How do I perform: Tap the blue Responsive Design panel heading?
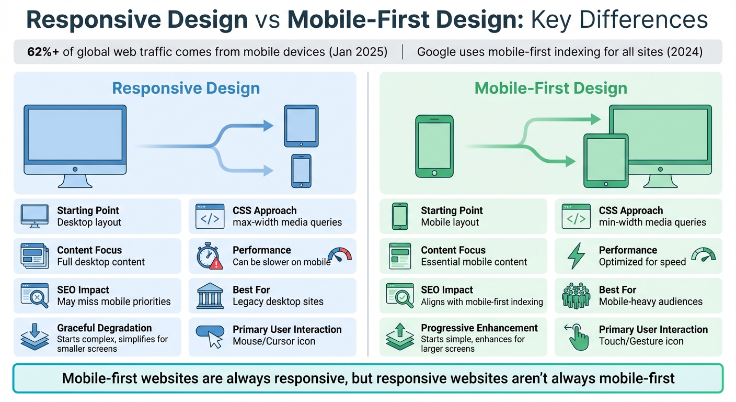click(x=186, y=88)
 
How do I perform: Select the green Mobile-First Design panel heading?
click(x=550, y=88)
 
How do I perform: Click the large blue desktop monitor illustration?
click(x=75, y=144)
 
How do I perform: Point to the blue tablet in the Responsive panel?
click(x=301, y=126)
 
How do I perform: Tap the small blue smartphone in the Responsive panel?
click(x=301, y=171)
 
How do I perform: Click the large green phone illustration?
click(x=434, y=146)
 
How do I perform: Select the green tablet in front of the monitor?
click(x=605, y=160)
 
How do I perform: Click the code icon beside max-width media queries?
click(x=210, y=217)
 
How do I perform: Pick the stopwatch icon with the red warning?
click(x=210, y=256)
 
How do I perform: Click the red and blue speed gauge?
click(x=340, y=254)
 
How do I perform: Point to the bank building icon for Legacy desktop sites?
click(x=210, y=296)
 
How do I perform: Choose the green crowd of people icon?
click(x=576, y=296)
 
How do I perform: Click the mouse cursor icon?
click(x=210, y=336)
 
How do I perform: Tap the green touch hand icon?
click(x=577, y=337)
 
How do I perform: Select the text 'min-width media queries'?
click(x=652, y=222)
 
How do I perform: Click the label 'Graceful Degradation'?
click(x=104, y=328)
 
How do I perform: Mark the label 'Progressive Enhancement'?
click(x=479, y=328)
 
